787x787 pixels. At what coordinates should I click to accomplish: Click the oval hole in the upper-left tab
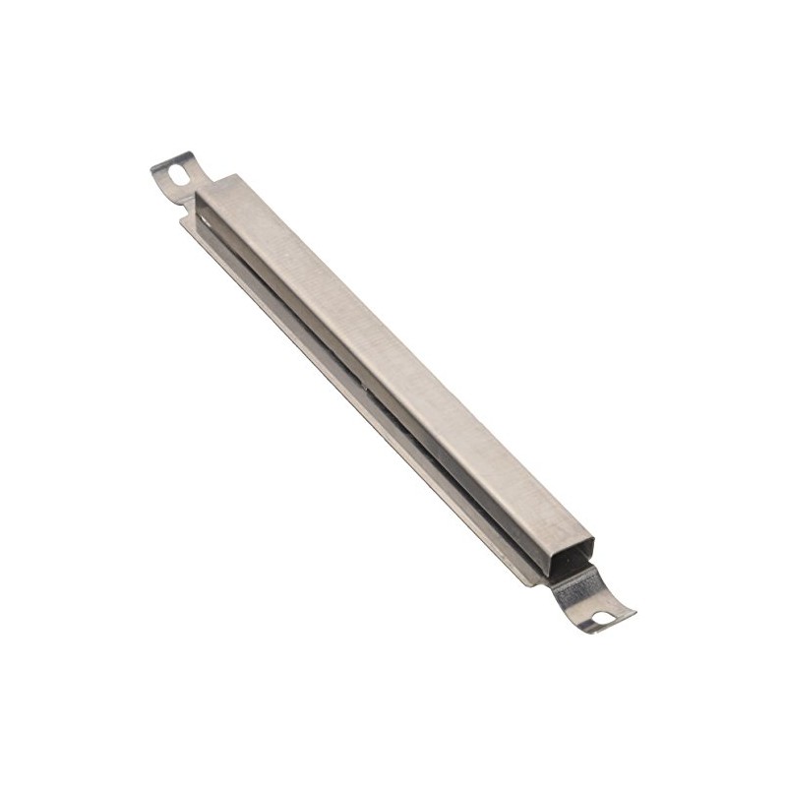point(177,173)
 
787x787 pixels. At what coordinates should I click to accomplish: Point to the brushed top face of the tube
point(393,344)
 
